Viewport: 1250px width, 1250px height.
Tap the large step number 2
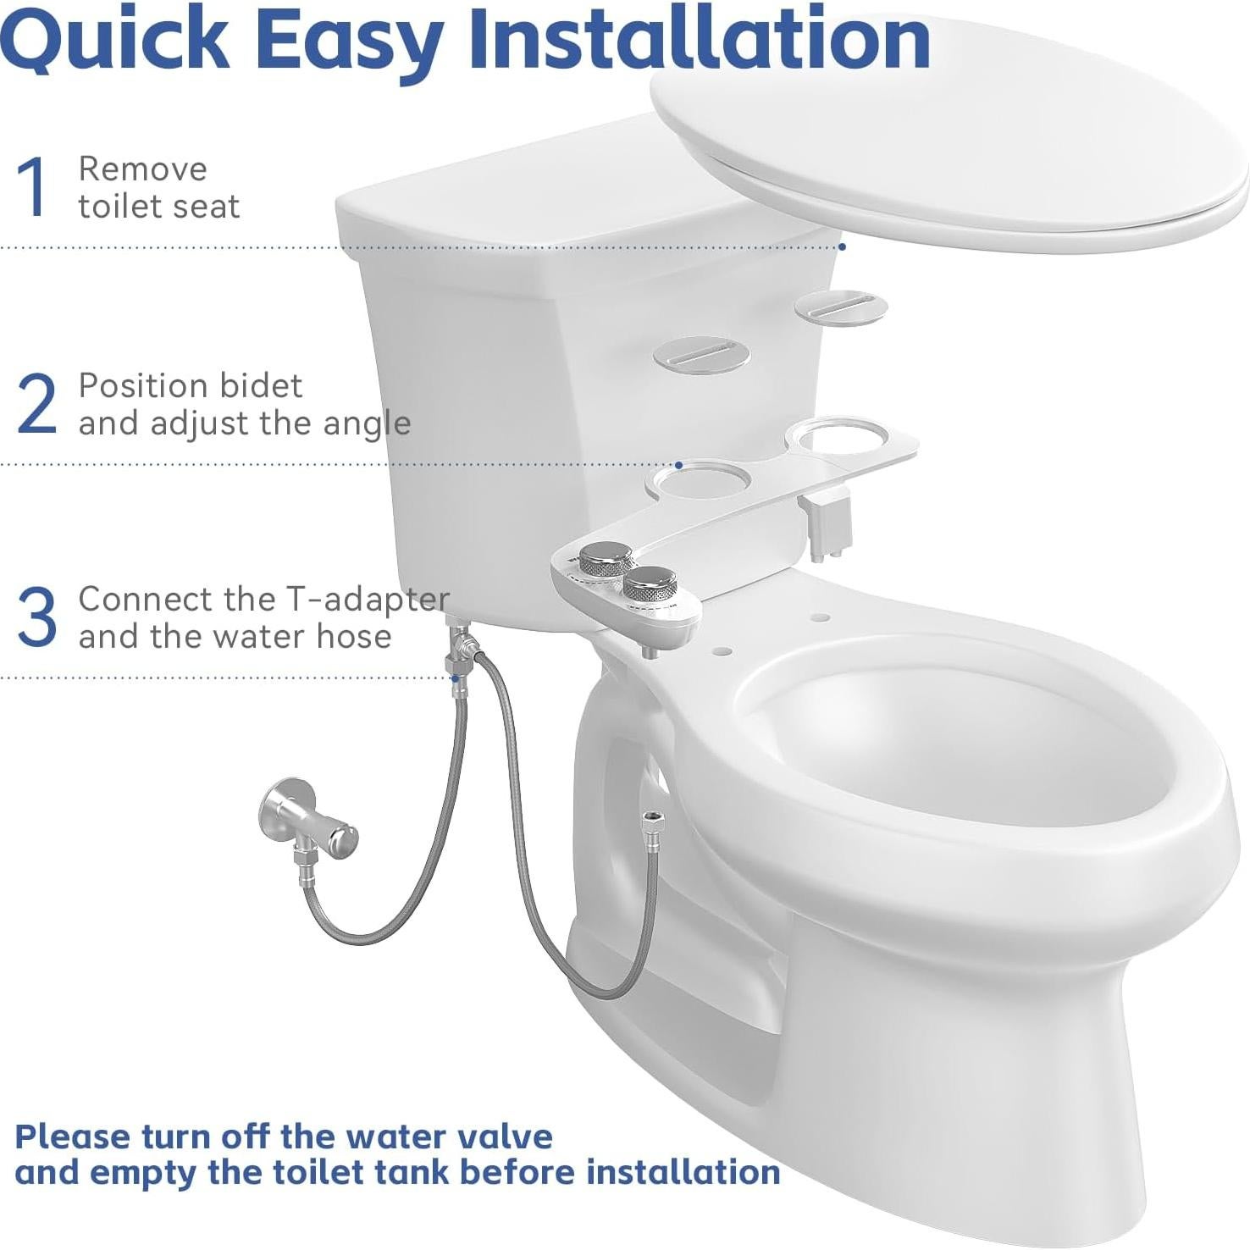pos(36,404)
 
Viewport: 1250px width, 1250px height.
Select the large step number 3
pos(36,617)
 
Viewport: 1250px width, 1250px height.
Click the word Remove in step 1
pos(142,169)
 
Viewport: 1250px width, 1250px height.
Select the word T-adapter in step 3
pos(367,600)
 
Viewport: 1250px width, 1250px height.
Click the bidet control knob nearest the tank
pos(606,559)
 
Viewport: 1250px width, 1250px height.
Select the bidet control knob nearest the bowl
pos(653,582)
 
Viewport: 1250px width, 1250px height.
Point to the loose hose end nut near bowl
pos(650,821)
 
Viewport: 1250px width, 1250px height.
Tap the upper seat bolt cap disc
pos(840,307)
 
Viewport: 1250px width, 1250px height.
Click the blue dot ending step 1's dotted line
pos(843,246)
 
